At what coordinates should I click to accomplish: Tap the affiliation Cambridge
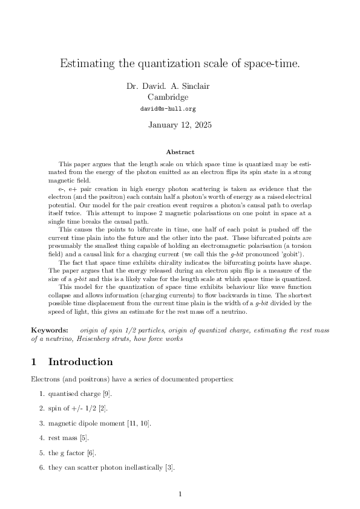click(168, 97)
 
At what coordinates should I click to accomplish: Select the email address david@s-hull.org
click(168, 109)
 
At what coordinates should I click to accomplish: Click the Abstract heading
click(180, 152)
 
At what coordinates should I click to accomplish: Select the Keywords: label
click(50, 330)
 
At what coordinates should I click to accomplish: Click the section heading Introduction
click(80, 362)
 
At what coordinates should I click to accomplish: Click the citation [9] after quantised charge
click(106, 394)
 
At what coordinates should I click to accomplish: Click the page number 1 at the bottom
click(180, 495)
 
